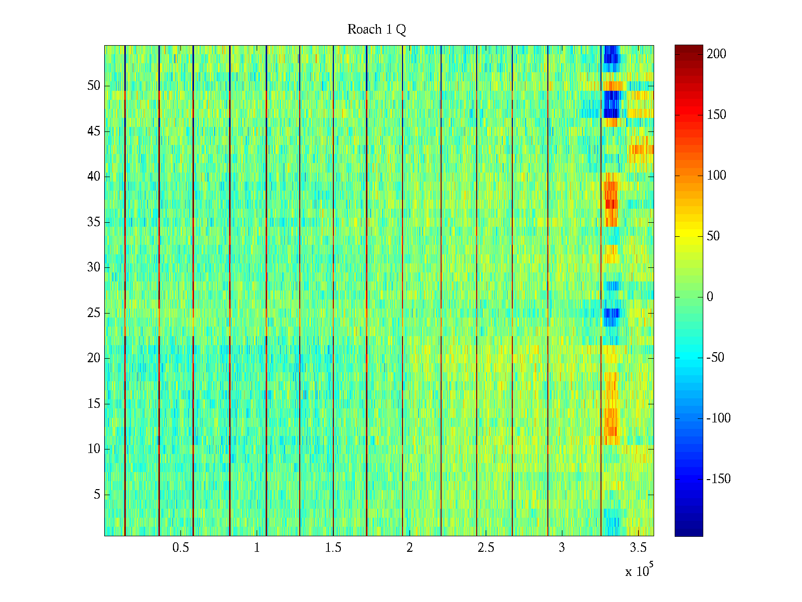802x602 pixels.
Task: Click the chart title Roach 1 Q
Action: point(376,30)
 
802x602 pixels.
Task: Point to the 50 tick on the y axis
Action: point(94,86)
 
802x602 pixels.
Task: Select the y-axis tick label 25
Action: point(94,313)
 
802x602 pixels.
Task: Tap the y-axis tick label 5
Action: point(97,495)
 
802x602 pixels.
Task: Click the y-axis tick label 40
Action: point(94,177)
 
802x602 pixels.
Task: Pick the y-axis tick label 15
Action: point(94,404)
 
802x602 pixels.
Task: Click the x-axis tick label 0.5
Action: point(180,548)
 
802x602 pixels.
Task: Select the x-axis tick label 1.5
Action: point(333,548)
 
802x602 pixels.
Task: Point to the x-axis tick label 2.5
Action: point(486,548)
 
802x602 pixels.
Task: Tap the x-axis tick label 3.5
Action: point(638,548)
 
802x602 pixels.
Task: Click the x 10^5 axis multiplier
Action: point(639,570)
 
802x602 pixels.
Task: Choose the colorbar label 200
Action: point(716,54)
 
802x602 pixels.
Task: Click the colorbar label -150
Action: point(718,479)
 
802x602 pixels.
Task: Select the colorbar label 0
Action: point(709,297)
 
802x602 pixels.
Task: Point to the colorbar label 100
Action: point(716,176)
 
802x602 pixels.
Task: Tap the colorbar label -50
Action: point(716,358)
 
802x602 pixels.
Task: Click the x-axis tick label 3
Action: point(561,548)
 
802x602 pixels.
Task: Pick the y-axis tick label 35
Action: point(94,222)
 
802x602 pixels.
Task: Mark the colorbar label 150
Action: point(716,115)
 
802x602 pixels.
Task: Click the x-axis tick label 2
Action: point(410,548)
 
